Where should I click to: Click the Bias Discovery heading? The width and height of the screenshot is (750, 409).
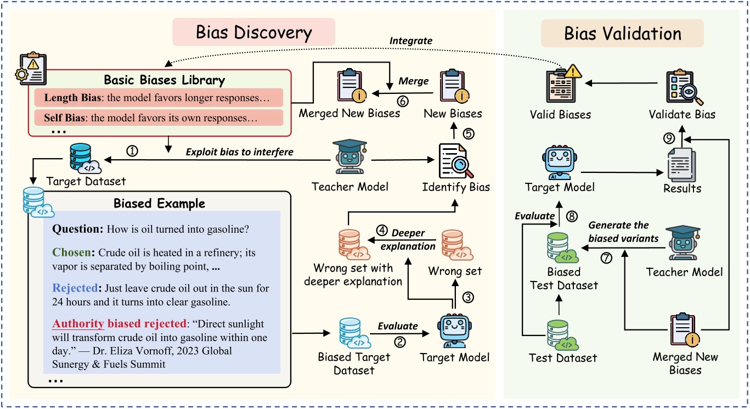click(x=253, y=33)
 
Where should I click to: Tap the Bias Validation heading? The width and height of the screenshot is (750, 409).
click(x=622, y=33)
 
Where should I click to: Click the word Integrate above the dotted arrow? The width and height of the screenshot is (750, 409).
click(x=410, y=41)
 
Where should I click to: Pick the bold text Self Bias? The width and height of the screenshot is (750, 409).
click(x=60, y=117)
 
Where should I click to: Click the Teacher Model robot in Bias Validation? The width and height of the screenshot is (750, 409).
click(x=684, y=244)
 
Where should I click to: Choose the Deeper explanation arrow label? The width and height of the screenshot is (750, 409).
click(x=407, y=239)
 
